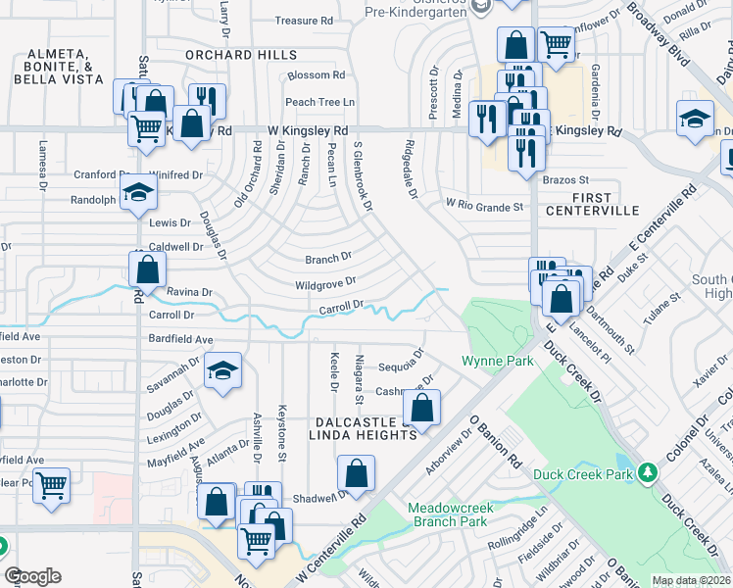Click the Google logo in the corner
tap(32, 576)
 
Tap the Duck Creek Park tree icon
tap(646, 474)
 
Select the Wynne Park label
tap(498, 362)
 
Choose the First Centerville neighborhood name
tap(605, 204)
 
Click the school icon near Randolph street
tap(139, 195)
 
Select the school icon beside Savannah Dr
tap(222, 370)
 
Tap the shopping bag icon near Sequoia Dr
tap(421, 409)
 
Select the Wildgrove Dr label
tap(324, 284)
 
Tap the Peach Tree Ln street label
tap(318, 102)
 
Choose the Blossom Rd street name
tap(316, 74)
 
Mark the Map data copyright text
tap(691, 580)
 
